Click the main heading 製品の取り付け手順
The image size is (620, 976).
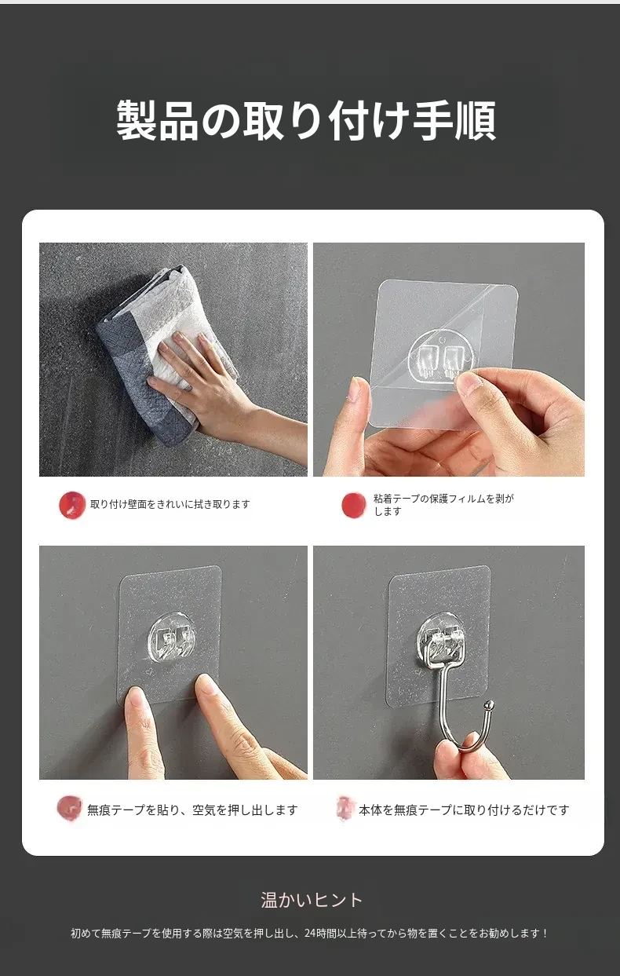pos(306,121)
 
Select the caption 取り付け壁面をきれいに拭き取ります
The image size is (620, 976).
pos(170,504)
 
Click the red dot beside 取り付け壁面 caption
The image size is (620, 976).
pos(72,505)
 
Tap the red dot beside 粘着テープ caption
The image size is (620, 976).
pos(353,506)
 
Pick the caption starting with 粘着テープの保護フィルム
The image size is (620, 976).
pos(443,505)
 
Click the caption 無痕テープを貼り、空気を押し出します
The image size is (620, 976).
pos(192,810)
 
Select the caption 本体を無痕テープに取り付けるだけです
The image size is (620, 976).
pos(464,810)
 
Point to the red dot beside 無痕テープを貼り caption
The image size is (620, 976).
pos(69,808)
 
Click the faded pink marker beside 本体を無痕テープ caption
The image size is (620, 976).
pos(345,808)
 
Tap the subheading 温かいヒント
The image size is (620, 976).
pos(312,900)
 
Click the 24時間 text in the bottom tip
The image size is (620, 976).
pos(319,933)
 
